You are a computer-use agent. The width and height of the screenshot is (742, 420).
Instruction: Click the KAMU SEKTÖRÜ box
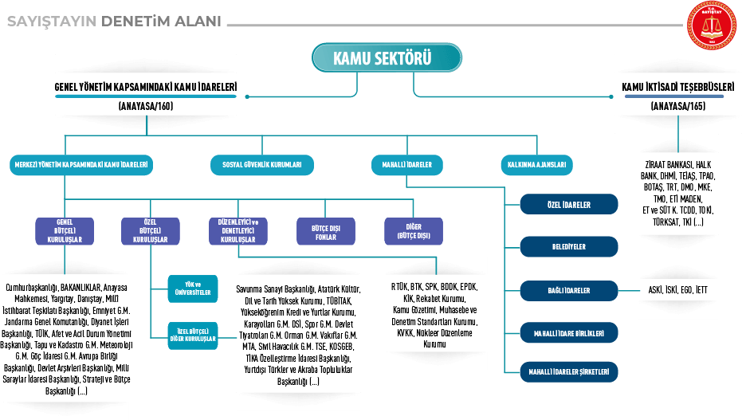pyautogui.click(x=387, y=58)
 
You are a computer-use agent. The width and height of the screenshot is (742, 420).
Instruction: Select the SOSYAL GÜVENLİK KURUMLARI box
pyautogui.click(x=261, y=165)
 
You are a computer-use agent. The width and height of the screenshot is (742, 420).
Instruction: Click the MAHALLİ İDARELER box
pyautogui.click(x=406, y=165)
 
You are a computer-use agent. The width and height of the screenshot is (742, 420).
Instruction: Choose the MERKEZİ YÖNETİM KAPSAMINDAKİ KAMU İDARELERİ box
pyautogui.click(x=82, y=165)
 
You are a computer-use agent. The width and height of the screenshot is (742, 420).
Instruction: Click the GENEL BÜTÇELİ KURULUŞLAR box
pyautogui.click(x=65, y=230)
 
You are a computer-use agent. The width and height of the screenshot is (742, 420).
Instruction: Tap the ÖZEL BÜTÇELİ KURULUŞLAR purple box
pyautogui.click(x=150, y=230)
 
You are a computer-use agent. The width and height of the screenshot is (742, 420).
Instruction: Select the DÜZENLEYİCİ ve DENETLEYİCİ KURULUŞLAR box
pyautogui.click(x=238, y=230)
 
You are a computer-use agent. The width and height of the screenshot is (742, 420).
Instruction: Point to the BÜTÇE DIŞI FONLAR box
pyautogui.click(x=325, y=231)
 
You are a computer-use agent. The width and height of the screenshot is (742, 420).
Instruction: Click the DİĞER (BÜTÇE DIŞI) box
pyautogui.click(x=413, y=230)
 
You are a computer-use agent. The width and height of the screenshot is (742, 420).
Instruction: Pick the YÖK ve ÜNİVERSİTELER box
pyautogui.click(x=192, y=289)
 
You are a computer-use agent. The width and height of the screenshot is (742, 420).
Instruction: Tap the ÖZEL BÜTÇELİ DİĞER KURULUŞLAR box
pyautogui.click(x=192, y=334)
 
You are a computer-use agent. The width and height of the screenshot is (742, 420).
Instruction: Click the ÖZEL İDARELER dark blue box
pyautogui.click(x=569, y=204)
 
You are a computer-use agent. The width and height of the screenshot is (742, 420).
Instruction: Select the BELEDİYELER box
pyautogui.click(x=569, y=247)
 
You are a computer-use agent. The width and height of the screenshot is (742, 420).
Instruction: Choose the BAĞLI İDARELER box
pyautogui.click(x=569, y=291)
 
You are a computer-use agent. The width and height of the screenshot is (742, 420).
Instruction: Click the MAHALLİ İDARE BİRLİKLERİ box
pyautogui.click(x=569, y=332)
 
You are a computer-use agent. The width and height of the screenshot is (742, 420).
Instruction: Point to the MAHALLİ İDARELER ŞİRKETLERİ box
pyautogui.click(x=569, y=371)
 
